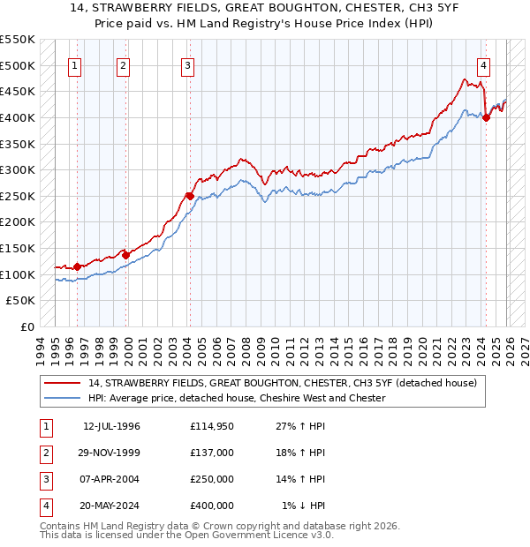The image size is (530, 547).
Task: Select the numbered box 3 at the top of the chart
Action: [188, 64]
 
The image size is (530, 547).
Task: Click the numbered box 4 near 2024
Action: [484, 64]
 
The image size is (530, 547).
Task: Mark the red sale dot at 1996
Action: [78, 266]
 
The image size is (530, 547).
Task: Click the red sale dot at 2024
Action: [487, 118]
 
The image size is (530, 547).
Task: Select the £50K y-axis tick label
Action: [21, 301]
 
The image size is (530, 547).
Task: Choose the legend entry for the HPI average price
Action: [237, 398]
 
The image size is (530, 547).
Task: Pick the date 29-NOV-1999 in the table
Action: [111, 453]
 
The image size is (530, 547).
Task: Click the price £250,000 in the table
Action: [212, 479]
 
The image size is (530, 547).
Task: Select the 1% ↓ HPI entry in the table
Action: [304, 506]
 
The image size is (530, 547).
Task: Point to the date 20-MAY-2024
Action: [111, 506]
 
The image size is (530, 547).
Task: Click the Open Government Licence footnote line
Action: [186, 536]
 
